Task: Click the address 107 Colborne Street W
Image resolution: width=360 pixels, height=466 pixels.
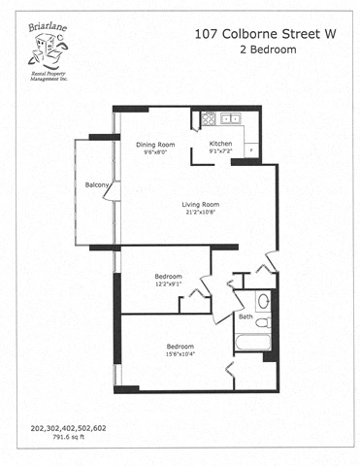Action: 265,33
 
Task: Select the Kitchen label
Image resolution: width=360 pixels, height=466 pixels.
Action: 221,144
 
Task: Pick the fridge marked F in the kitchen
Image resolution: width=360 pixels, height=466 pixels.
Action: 250,149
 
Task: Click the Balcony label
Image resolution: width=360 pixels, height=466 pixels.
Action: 96,184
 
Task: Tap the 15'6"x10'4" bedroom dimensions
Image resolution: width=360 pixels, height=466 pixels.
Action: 180,355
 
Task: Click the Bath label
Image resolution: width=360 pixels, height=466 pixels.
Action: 245,317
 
